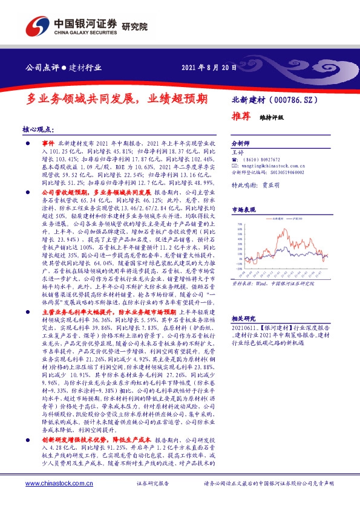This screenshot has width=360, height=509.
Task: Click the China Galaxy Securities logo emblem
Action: [x=35, y=25]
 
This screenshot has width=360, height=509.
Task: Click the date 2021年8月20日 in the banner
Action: [x=209, y=67]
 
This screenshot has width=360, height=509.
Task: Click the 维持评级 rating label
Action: [x=272, y=117]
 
